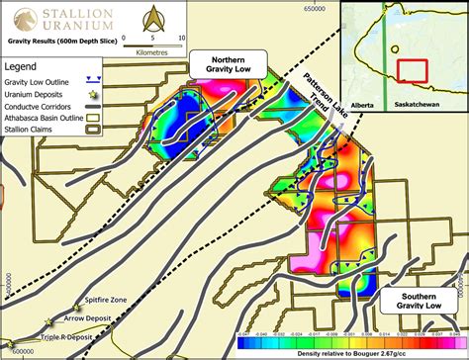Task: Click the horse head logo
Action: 17,19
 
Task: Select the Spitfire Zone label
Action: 106,298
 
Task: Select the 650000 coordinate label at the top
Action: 315,8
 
